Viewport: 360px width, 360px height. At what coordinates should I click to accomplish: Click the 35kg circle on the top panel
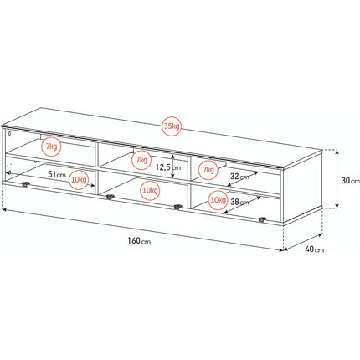point(172,126)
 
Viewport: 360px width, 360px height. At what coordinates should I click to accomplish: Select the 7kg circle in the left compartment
point(51,147)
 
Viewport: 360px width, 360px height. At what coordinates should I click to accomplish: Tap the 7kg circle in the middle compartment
point(141,160)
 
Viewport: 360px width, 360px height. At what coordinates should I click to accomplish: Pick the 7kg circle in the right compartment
point(208,170)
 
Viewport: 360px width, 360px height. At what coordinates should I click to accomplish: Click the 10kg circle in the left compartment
point(79,180)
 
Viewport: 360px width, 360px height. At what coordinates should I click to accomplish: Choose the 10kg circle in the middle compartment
point(150,191)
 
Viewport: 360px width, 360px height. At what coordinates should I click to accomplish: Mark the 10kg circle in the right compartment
point(218,200)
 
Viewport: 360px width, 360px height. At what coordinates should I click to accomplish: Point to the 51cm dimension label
point(57,175)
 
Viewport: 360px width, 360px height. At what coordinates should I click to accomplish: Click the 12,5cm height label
point(168,167)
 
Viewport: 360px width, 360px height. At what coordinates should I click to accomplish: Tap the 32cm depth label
point(239,177)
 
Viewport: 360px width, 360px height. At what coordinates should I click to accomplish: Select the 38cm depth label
point(239,202)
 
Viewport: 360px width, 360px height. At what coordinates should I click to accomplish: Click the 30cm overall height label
point(351,181)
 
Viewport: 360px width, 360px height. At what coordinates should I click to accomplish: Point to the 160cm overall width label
point(139,241)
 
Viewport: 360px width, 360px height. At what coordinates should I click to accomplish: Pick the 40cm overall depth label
point(315,249)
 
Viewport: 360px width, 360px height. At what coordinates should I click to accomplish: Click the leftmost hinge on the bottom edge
point(25,184)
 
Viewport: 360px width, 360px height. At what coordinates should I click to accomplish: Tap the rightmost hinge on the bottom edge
point(261,219)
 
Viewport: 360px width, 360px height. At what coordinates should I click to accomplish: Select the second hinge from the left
point(111,197)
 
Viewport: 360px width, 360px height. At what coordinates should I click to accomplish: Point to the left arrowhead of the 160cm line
point(4,208)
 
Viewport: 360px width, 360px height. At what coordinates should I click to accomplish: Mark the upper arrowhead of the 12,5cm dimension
point(173,157)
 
